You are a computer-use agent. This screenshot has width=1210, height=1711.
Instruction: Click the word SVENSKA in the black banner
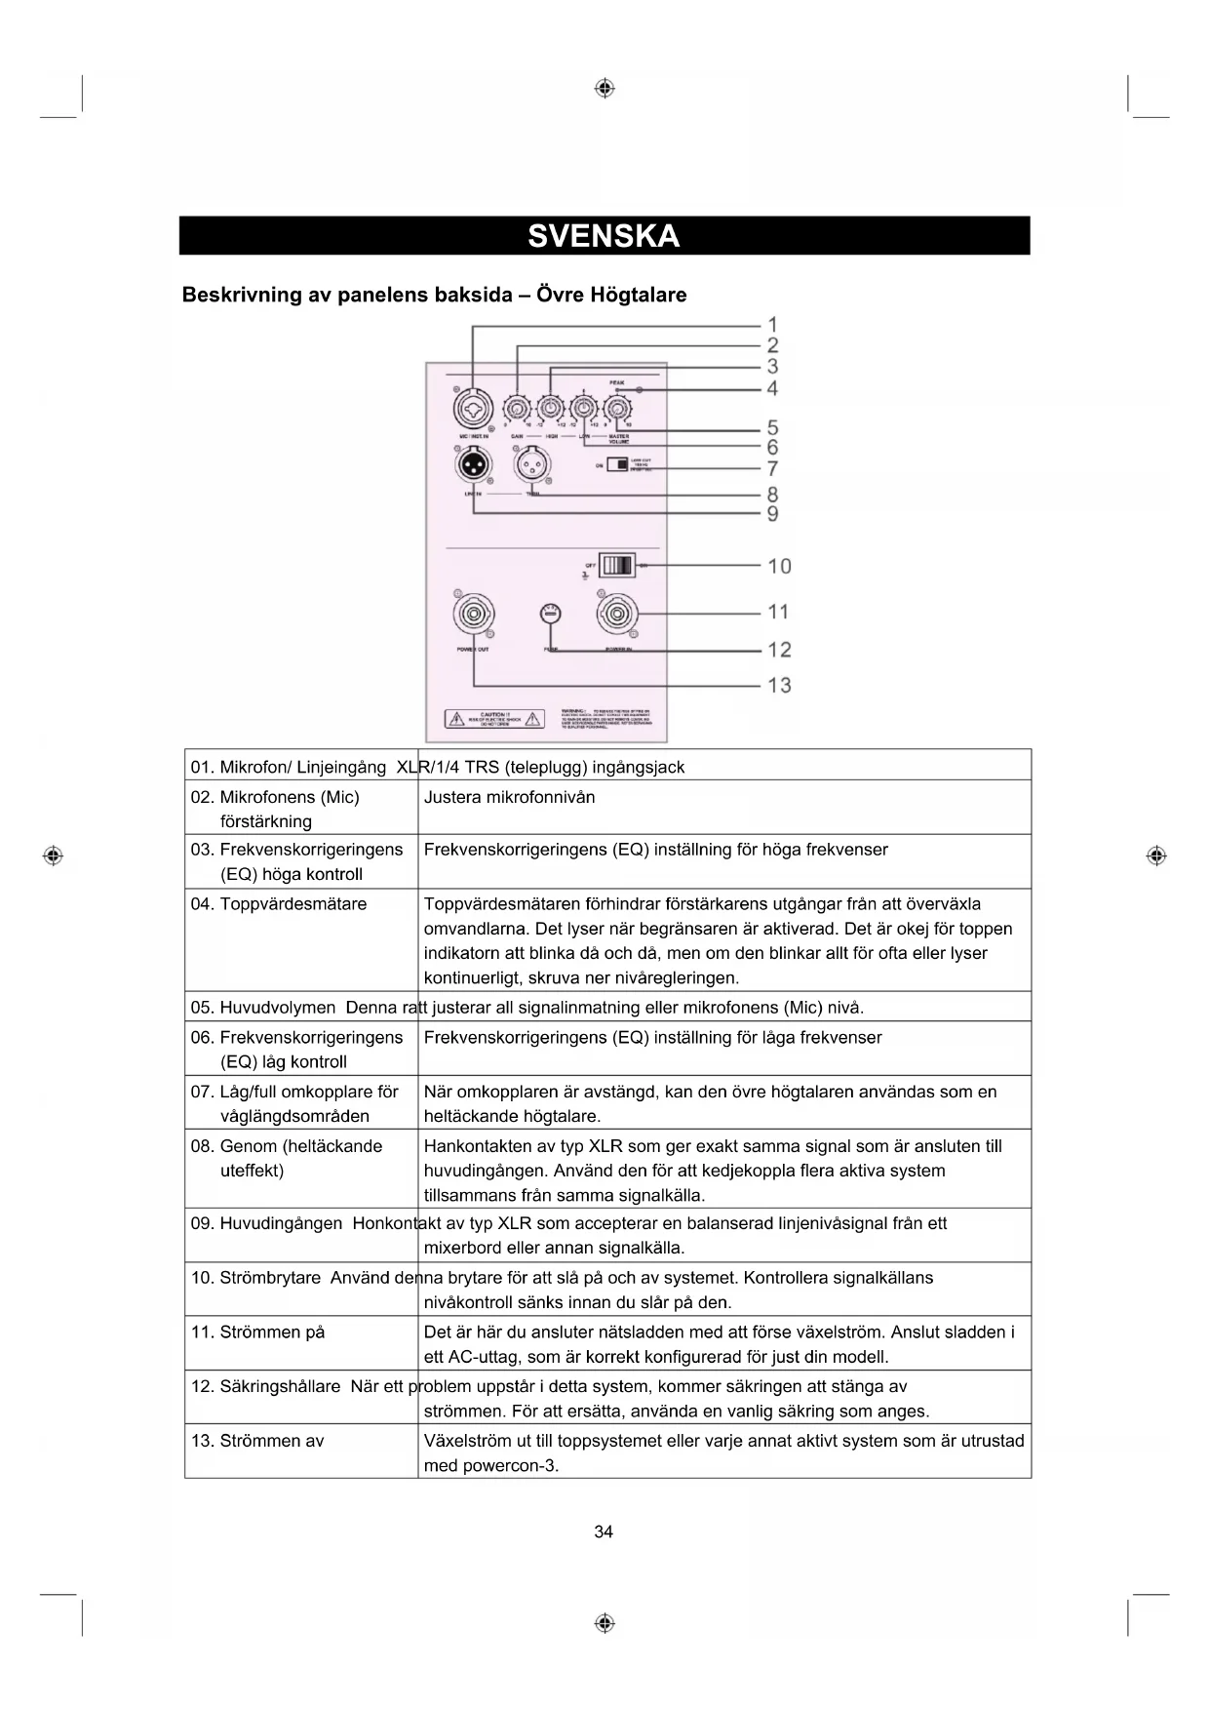pos(604,236)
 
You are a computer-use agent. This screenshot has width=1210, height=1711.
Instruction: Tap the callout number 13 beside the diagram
pos(779,686)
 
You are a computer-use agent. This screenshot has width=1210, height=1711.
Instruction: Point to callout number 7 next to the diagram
pos(772,469)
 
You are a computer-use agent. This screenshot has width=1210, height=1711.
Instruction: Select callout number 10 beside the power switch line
pos(779,566)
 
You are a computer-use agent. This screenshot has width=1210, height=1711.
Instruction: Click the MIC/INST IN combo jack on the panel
pos(473,407)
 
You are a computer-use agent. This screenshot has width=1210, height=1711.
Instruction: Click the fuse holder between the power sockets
pos(551,614)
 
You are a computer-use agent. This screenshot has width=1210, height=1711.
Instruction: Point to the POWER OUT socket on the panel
pos(474,615)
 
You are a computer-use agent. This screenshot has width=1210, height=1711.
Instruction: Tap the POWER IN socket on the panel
pos(618,615)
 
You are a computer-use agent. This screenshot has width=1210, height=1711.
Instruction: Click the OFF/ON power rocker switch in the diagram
pos(617,565)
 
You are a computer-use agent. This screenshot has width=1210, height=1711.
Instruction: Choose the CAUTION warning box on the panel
pos(494,719)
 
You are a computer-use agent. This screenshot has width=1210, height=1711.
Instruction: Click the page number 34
pos(604,1532)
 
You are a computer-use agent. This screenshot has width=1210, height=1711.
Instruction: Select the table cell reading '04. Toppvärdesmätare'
pos(279,904)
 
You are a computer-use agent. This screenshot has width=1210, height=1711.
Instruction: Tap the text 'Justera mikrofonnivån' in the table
pos(509,797)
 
